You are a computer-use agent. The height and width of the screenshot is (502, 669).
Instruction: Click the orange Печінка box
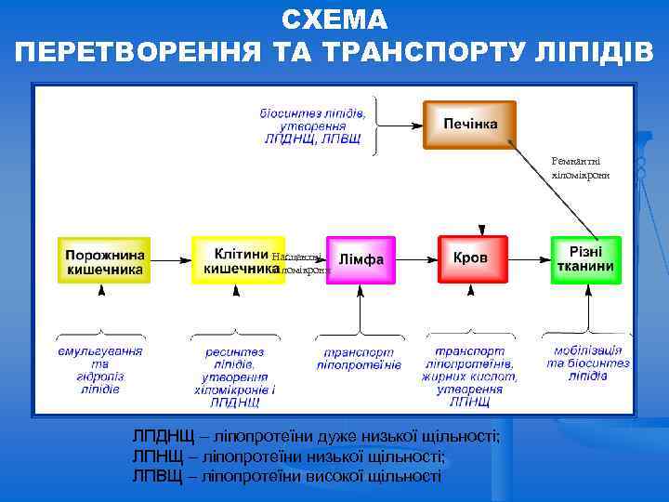(x=470, y=124)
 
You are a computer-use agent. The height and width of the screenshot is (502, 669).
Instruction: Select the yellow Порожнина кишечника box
(x=104, y=260)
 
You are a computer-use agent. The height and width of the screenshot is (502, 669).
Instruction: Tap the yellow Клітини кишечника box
(x=237, y=260)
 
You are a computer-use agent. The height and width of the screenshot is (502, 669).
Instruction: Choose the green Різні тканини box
(x=584, y=259)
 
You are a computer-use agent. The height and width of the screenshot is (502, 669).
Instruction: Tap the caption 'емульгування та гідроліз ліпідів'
(x=100, y=370)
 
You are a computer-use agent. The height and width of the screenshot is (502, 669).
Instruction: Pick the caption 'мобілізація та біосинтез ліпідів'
(x=587, y=363)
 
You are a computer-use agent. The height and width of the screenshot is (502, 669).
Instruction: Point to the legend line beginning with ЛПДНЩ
(x=316, y=436)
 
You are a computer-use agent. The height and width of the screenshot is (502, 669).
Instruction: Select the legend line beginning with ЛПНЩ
(x=289, y=456)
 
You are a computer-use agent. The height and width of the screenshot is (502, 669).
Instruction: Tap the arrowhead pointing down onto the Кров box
(x=480, y=230)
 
